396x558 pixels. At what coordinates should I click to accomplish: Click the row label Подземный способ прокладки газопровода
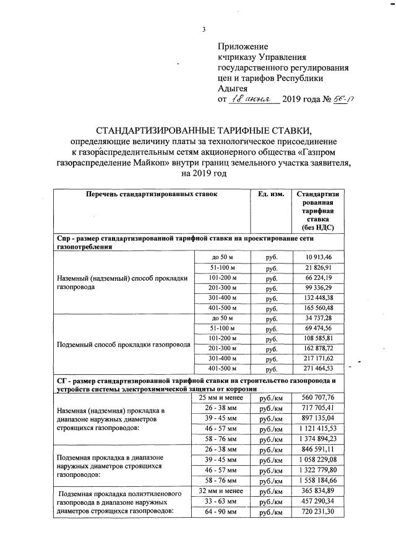123,344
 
